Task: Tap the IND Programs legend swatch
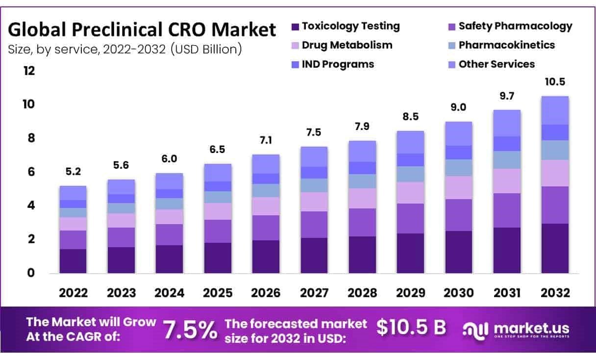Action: (x=295, y=65)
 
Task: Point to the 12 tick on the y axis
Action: (x=29, y=71)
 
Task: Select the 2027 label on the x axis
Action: (x=314, y=293)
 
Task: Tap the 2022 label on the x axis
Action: (x=74, y=293)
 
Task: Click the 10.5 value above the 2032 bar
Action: (x=554, y=81)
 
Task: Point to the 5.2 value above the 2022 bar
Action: (x=73, y=172)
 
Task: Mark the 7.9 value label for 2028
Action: (x=362, y=127)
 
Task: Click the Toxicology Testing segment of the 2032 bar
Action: (x=554, y=248)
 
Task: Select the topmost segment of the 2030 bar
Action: (x=458, y=133)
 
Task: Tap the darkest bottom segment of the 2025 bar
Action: (x=217, y=257)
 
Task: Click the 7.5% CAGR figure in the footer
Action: (x=190, y=330)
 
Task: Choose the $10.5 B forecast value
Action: (x=411, y=328)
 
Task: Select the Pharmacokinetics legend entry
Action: (x=507, y=45)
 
